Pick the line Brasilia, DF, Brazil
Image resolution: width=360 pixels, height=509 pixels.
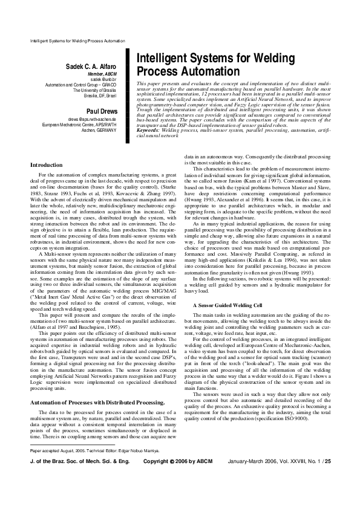[103, 96]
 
